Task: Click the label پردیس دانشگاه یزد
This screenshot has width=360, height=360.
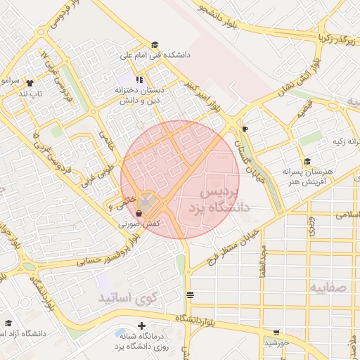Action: (219, 200)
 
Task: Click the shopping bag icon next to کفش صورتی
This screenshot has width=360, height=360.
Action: (139, 213)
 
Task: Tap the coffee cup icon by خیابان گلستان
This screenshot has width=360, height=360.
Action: (245, 129)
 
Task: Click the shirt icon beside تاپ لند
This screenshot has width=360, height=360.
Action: (30, 83)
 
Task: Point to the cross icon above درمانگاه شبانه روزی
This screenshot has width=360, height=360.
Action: (142, 326)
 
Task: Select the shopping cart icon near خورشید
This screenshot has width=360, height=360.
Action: (276, 333)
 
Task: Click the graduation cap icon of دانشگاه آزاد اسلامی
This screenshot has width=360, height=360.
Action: (8, 323)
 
